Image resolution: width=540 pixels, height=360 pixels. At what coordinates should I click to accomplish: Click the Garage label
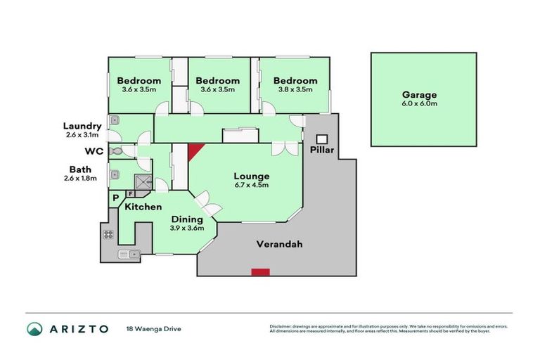(419, 95)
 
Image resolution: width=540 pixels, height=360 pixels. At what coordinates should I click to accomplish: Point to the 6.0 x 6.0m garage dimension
(419, 104)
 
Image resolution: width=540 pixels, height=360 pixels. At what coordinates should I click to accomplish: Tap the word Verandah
(275, 245)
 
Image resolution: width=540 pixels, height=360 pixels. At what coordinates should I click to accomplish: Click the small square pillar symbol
(323, 139)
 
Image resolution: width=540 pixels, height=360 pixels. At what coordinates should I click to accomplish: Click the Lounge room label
(252, 176)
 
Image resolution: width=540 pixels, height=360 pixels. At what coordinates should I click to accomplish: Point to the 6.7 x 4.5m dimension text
(252, 185)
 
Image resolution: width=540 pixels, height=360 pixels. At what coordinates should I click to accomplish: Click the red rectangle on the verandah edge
(261, 271)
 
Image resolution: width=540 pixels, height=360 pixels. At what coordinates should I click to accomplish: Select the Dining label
(187, 219)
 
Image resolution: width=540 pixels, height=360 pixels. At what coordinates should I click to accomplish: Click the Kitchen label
(143, 207)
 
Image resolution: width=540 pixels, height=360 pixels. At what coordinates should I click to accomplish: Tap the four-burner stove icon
(110, 235)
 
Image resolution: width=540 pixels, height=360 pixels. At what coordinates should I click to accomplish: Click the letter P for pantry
(115, 200)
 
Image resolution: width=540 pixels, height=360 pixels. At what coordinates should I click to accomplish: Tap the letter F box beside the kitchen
(131, 194)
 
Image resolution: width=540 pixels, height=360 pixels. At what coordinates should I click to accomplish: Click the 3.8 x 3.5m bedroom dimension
(295, 89)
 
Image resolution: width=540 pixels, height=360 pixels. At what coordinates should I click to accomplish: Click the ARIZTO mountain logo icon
(34, 328)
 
